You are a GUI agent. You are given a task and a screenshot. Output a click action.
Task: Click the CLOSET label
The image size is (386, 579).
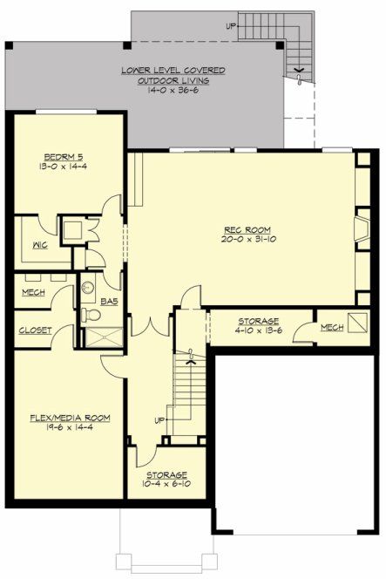tap(34, 330)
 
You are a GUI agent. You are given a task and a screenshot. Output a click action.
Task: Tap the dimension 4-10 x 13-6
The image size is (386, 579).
tap(258, 331)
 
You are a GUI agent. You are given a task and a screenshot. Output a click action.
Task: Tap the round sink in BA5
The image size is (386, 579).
tap(87, 287)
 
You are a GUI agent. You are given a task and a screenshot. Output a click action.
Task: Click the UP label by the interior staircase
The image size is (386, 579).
tap(159, 420)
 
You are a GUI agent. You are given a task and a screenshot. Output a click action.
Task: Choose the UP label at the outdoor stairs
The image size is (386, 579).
tap(230, 26)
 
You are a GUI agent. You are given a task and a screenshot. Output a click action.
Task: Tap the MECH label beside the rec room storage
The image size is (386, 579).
tap(332, 328)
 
